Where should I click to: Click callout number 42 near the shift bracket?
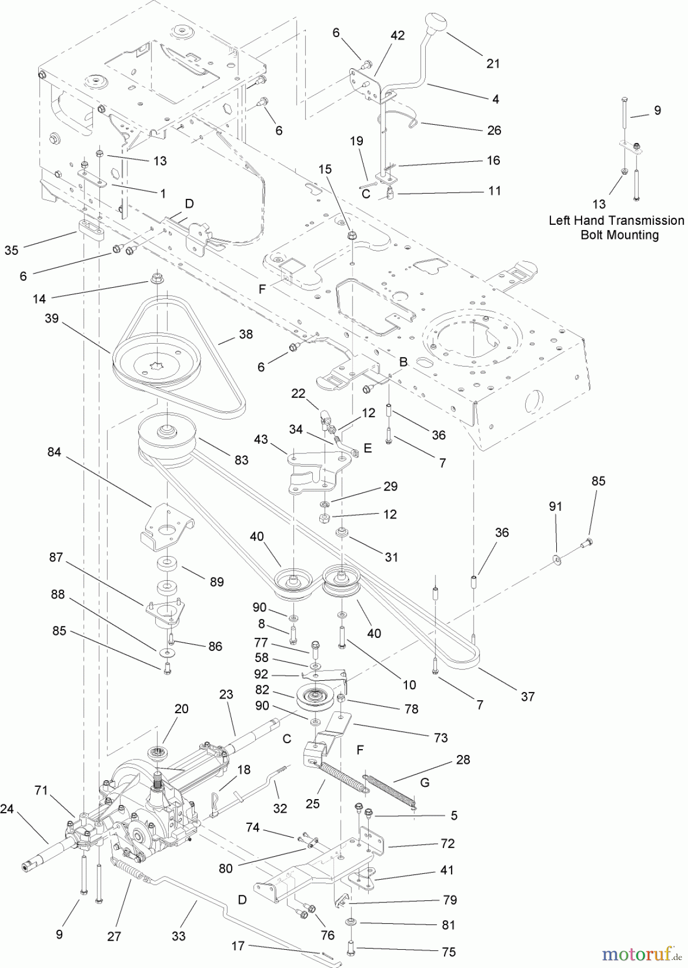(397, 36)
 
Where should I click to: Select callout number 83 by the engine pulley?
(241, 460)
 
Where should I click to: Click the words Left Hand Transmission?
(616, 220)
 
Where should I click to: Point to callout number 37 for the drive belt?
(528, 696)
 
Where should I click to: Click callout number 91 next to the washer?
(556, 507)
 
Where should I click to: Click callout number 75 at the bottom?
(448, 952)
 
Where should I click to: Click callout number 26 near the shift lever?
(494, 130)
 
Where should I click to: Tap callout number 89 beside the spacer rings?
(217, 582)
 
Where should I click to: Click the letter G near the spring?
(425, 782)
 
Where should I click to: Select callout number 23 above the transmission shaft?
(226, 694)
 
